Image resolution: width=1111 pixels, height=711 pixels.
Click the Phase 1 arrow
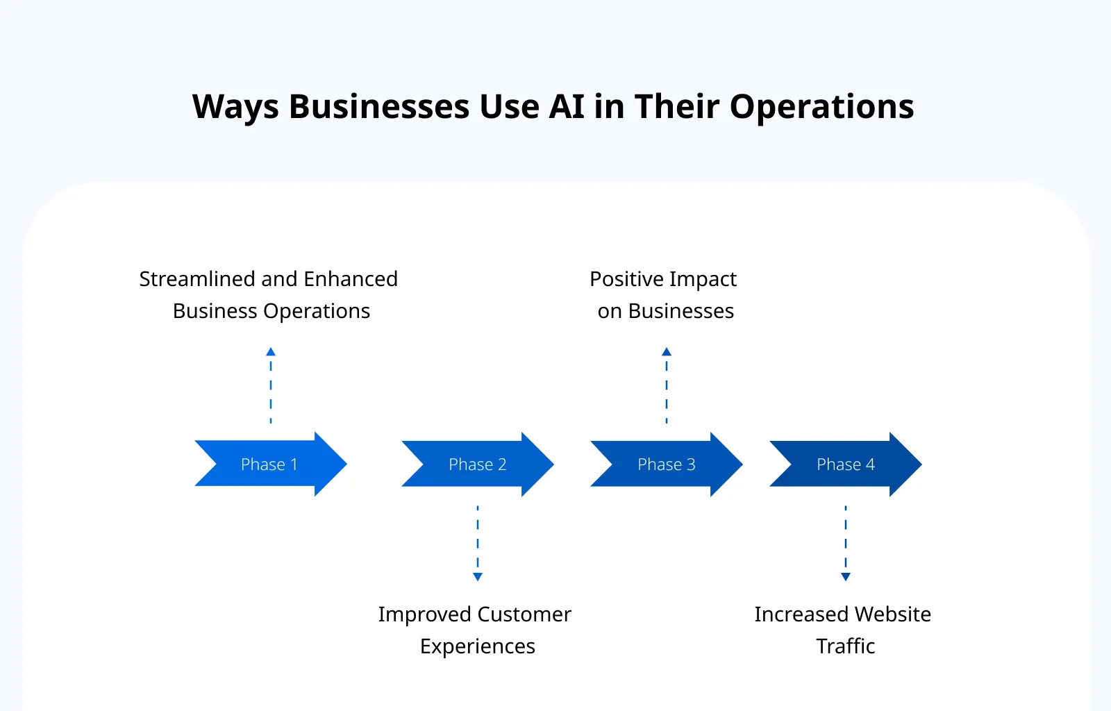[269, 464]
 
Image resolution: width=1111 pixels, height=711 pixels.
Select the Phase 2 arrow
[477, 464]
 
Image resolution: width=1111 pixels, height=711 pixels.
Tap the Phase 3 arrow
[666, 464]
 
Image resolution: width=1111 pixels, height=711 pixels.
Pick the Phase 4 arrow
[845, 464]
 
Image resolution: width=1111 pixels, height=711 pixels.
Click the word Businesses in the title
[379, 107]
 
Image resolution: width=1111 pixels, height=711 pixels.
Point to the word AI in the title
[567, 107]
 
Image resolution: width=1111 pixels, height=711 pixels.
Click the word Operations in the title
[821, 107]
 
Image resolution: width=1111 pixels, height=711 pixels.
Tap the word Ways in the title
[235, 107]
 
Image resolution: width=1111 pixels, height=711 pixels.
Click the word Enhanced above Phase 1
[351, 279]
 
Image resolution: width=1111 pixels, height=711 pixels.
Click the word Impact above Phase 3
[703, 279]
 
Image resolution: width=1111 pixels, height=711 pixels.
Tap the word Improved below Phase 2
[424, 614]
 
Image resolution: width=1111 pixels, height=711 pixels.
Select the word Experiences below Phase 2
[478, 646]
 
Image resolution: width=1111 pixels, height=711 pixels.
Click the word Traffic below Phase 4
[845, 646]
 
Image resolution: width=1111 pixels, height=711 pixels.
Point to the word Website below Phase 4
[892, 614]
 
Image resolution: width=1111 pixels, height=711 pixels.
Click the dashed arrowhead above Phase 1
[271, 352]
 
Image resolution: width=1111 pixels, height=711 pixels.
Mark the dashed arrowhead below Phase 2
[478, 577]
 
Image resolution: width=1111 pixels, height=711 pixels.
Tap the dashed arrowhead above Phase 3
[667, 352]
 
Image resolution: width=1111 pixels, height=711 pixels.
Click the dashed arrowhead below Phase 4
[846, 577]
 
